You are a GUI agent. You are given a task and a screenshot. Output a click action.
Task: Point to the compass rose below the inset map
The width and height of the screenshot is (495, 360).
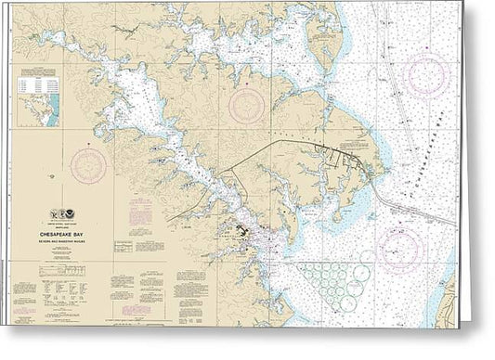click(89, 165)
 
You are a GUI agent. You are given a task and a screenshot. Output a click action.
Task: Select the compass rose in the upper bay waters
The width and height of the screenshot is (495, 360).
click(426, 75)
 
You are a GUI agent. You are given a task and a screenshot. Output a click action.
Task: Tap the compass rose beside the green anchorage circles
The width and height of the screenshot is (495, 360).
click(400, 249)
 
